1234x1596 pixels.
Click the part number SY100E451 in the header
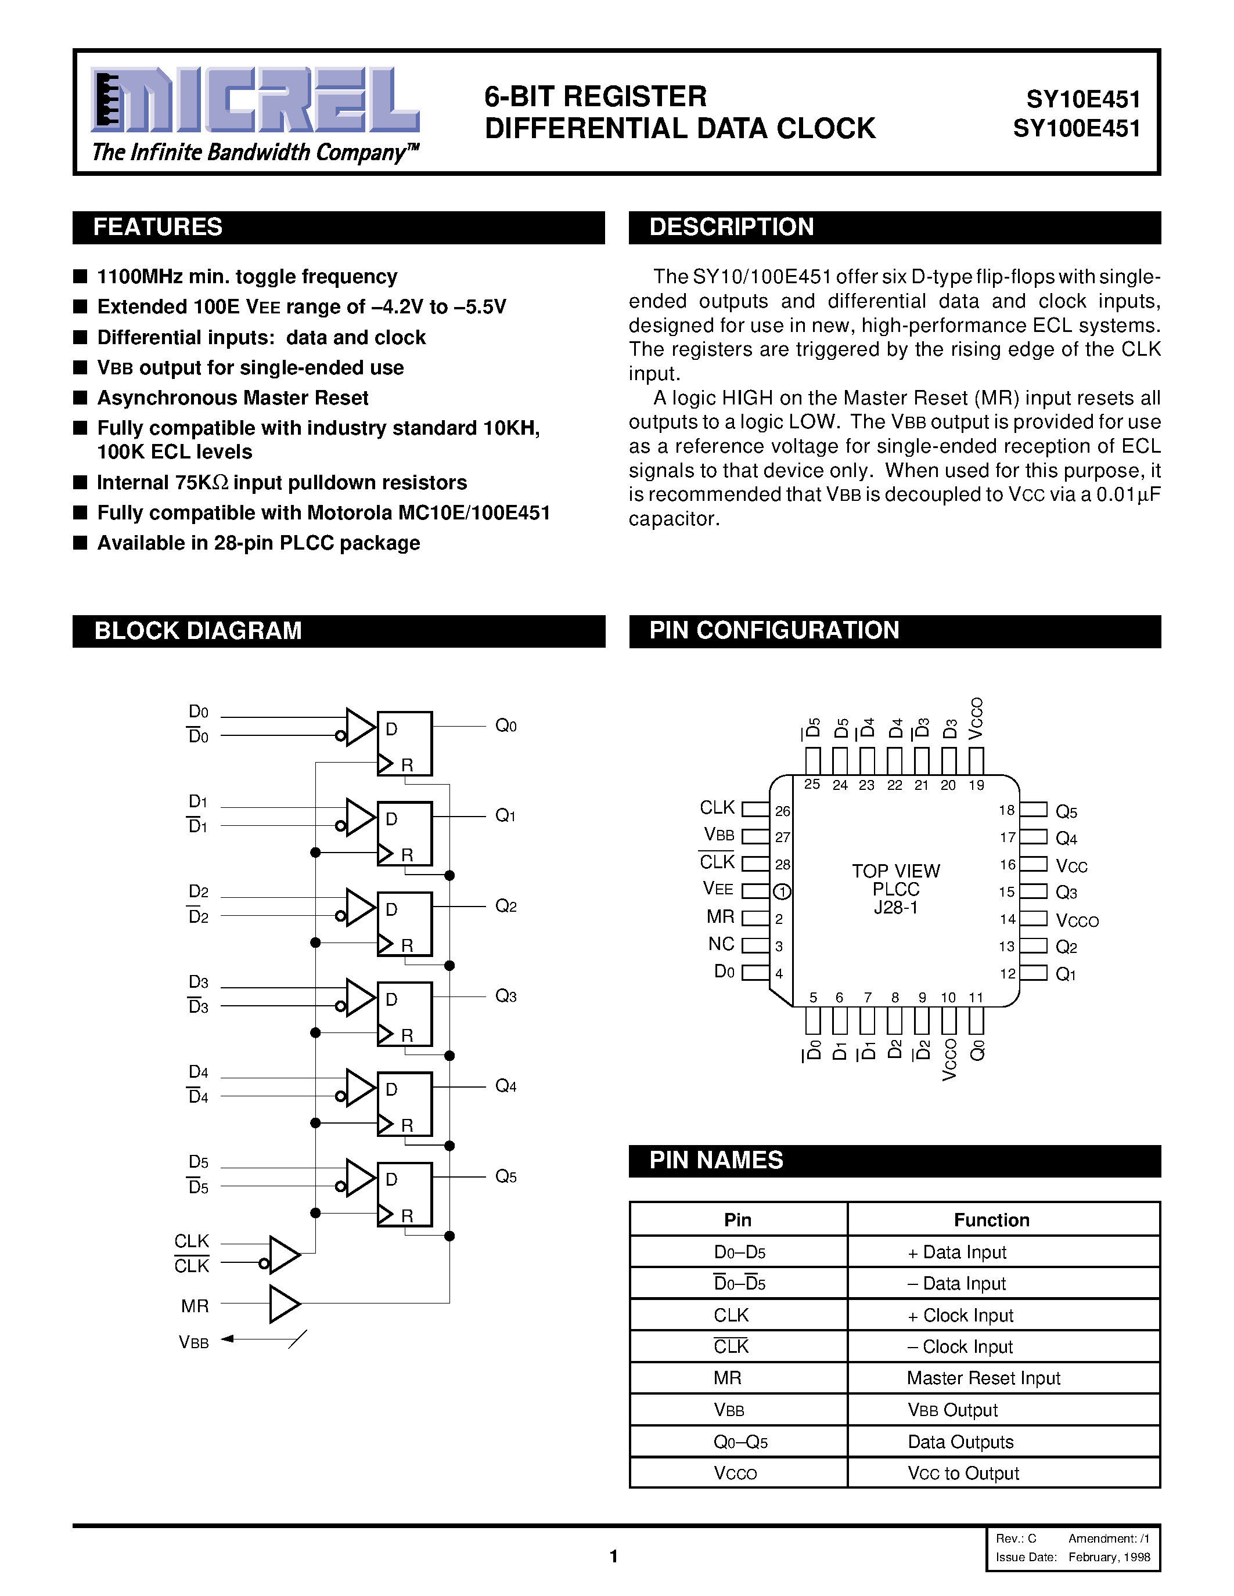click(x=1076, y=129)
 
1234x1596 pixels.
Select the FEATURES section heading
click(x=158, y=228)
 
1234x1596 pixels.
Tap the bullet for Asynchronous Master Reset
click(x=80, y=398)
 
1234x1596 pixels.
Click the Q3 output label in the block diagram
click(x=506, y=996)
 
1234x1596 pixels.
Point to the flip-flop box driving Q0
click(x=404, y=743)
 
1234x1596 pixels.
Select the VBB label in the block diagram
click(x=194, y=1342)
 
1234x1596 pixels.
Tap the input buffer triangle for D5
click(x=359, y=1178)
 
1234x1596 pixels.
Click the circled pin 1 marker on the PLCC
click(x=782, y=891)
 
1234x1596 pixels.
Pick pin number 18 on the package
click(x=1006, y=810)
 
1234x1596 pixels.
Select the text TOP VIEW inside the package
click(x=895, y=871)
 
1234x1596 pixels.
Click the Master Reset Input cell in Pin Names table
click(x=983, y=1378)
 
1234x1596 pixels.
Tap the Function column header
click(x=991, y=1220)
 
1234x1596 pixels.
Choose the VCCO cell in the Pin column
click(x=735, y=1473)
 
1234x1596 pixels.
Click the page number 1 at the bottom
click(x=614, y=1557)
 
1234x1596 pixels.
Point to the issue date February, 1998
click(x=1109, y=1557)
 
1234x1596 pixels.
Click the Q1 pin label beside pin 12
click(x=1066, y=974)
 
